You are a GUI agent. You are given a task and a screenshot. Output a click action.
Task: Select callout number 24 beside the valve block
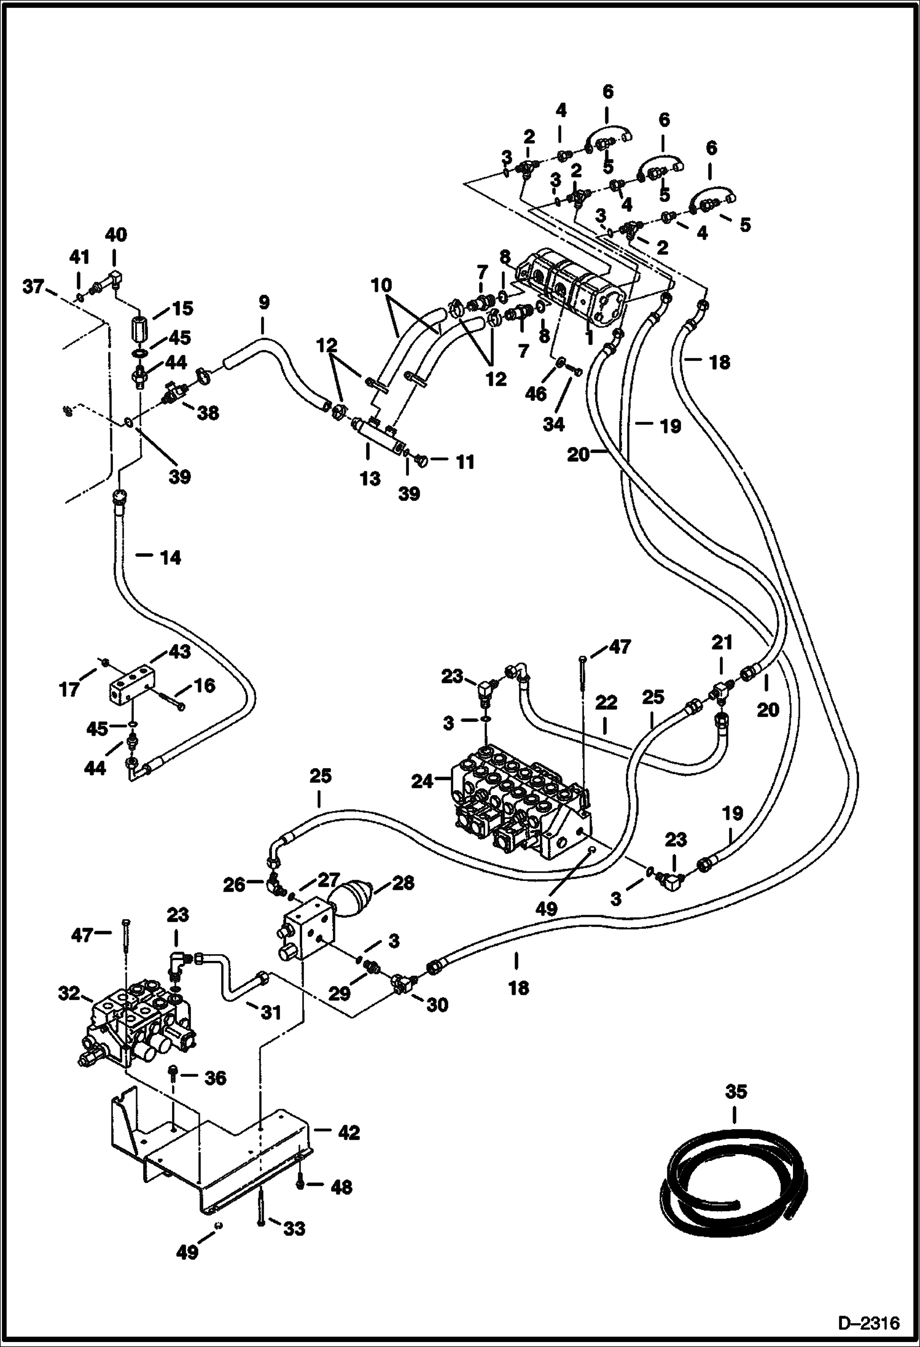[421, 782]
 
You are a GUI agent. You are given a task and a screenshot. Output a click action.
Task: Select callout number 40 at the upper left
[115, 235]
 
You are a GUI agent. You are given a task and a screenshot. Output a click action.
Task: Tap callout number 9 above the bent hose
[263, 303]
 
